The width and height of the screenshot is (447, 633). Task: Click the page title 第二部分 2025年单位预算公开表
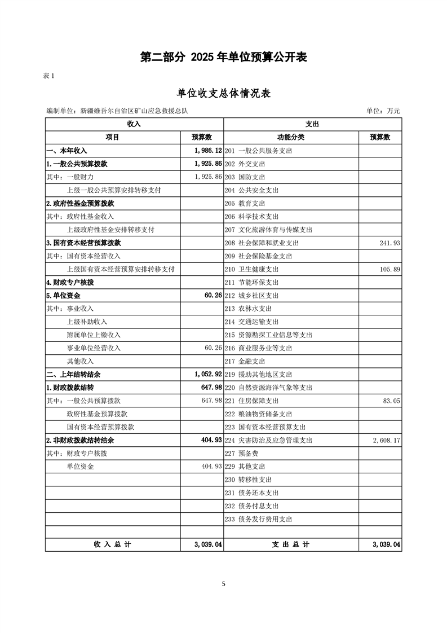(223, 57)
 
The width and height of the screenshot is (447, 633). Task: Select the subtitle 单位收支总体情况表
(223, 94)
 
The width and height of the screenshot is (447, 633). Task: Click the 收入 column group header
(134, 124)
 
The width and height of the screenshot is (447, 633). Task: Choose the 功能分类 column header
(291, 137)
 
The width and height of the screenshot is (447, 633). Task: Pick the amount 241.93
(390, 243)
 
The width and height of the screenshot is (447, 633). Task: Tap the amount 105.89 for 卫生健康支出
(390, 269)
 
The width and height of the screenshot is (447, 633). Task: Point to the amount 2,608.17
(386, 440)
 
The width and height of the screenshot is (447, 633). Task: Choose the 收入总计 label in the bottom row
(112, 544)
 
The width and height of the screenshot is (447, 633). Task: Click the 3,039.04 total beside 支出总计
(386, 544)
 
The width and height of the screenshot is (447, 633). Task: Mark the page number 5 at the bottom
(224, 584)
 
